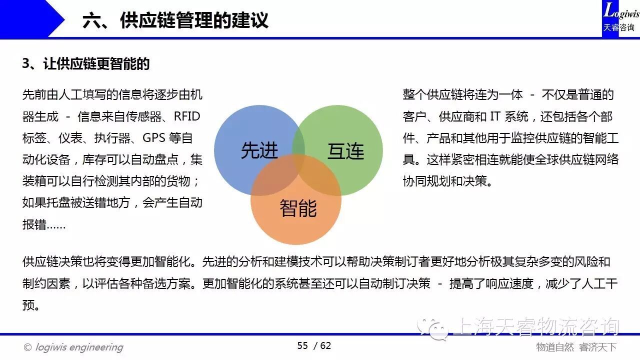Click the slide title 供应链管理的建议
pos(194,20)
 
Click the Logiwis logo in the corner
pos(620,17)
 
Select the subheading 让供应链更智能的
pos(96,63)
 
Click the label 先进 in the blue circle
pos(259,150)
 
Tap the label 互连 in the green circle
pos(345,151)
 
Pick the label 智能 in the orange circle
pos(298,208)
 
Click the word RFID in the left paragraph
pos(187,116)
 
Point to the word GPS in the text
pos(153,137)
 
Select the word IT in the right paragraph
pos(495,116)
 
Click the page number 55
pos(302,345)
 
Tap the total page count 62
pos(325,345)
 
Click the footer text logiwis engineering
pos(79,347)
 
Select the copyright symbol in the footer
pos(27,347)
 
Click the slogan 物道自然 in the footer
pos(555,347)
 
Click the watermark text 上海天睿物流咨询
pos(536,327)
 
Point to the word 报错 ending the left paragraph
pos(34,224)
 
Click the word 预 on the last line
pos(28,305)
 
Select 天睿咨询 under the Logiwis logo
pos(619,27)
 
